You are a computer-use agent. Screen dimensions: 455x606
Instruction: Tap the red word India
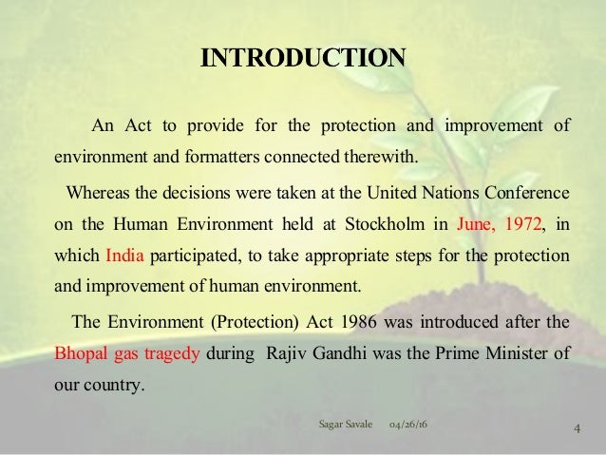(122, 256)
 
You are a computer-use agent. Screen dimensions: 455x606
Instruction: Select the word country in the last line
(114, 385)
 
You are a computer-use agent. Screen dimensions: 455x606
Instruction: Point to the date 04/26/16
(408, 422)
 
